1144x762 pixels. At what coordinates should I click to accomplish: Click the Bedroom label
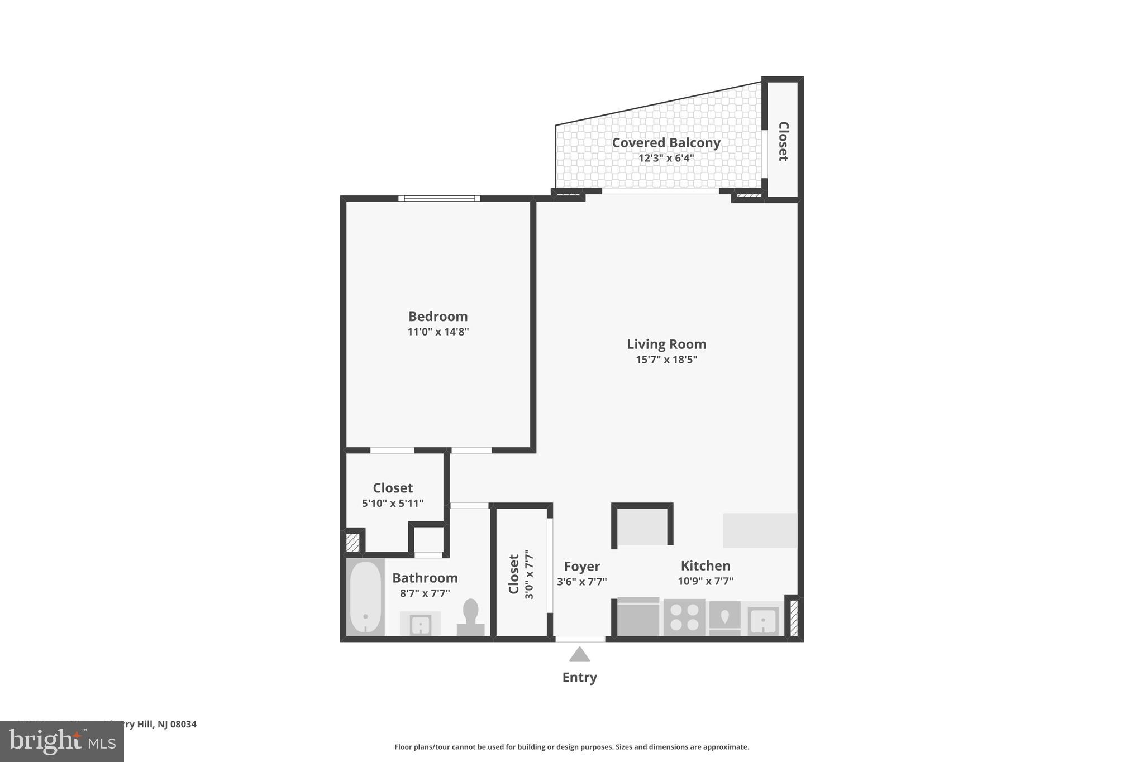[438, 317]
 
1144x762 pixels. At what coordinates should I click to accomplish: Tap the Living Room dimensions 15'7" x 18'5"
[666, 360]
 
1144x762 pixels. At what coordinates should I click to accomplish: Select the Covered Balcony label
[666, 143]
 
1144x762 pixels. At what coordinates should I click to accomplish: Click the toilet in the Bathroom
[471, 617]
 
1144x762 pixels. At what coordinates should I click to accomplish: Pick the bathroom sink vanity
[420, 624]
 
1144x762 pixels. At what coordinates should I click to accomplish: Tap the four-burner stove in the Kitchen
[684, 617]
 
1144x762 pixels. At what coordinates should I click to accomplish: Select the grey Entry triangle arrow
[579, 654]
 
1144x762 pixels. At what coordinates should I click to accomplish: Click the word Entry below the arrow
[579, 677]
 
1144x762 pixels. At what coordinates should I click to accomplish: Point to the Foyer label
[581, 567]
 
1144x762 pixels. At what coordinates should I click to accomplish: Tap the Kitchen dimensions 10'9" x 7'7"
[706, 581]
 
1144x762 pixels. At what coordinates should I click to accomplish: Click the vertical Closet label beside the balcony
[783, 141]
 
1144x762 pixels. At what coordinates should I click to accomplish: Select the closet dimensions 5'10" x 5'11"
[393, 504]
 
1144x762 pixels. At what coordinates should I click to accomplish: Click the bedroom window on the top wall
[440, 198]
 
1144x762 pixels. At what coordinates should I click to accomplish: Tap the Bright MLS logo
[62, 741]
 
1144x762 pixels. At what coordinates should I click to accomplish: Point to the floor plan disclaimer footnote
[571, 747]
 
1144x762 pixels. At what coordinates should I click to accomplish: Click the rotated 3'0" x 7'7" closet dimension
[529, 574]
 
